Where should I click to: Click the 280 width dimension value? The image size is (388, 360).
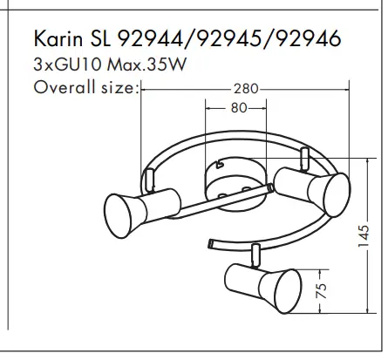click(x=246, y=89)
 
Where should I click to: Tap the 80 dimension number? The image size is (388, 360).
click(x=239, y=108)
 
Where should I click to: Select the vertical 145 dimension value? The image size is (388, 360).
click(x=364, y=235)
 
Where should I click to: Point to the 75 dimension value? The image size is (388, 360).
click(x=322, y=290)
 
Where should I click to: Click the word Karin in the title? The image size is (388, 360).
click(x=58, y=38)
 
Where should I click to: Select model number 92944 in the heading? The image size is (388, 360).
click(x=151, y=38)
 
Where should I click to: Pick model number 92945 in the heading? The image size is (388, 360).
click(x=229, y=38)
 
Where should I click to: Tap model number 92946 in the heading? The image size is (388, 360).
click(x=308, y=38)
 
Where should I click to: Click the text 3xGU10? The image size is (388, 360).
click(x=67, y=65)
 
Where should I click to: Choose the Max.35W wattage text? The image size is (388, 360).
click(x=146, y=65)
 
